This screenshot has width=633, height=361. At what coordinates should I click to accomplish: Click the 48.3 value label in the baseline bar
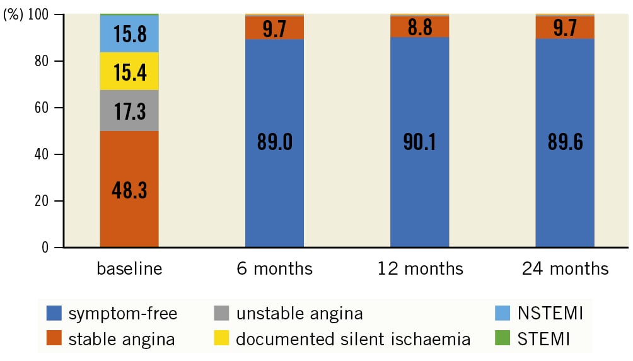click(x=129, y=190)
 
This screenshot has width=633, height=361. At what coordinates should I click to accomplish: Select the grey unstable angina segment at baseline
click(x=129, y=111)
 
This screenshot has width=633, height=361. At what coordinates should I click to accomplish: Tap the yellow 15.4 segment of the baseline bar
click(x=129, y=71)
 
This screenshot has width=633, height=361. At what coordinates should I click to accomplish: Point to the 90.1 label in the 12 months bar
click(x=419, y=142)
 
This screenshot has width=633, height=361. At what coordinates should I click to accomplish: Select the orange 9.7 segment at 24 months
click(x=564, y=27)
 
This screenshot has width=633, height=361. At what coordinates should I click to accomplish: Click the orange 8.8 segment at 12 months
click(x=419, y=27)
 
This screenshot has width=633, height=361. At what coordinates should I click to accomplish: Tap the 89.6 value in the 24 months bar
click(x=564, y=142)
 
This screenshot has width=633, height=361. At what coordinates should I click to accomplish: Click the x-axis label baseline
click(x=129, y=269)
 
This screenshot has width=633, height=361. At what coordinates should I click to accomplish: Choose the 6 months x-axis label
click(x=274, y=269)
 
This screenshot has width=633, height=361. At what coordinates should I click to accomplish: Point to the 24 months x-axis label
click(x=565, y=269)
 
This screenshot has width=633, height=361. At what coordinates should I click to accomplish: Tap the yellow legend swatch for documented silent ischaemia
click(x=222, y=340)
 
